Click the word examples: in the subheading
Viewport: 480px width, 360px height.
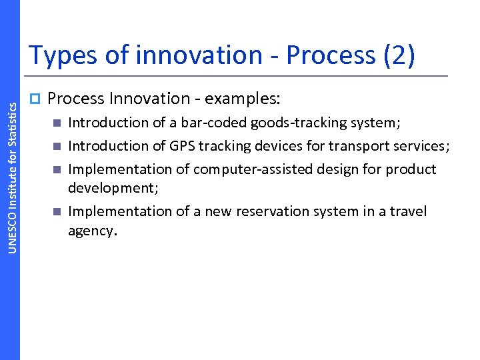(x=243, y=99)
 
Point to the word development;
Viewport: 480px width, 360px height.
(x=113, y=188)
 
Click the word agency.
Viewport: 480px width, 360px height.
(x=93, y=231)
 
